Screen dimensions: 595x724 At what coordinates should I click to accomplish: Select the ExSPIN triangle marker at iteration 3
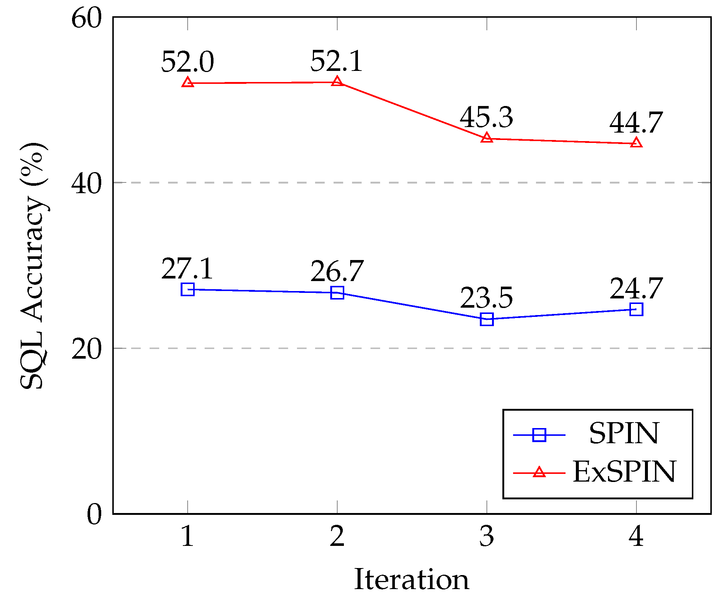(487, 138)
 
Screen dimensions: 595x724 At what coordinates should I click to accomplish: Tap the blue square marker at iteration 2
(337, 293)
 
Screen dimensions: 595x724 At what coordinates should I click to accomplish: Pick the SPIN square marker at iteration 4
(636, 309)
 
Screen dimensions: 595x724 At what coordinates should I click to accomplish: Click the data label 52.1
(337, 61)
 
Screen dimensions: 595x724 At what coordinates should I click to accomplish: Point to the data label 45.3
(486, 117)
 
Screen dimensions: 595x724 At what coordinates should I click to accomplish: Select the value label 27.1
(187, 269)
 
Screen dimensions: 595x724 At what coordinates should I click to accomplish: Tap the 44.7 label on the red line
(636, 123)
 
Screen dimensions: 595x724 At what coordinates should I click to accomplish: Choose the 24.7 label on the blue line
(636, 288)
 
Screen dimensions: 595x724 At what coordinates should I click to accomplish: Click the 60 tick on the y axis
(86, 18)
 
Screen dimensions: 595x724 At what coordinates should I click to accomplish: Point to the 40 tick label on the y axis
(86, 184)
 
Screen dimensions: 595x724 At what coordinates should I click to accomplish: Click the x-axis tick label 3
(487, 537)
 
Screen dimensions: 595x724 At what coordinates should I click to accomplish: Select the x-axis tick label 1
(188, 537)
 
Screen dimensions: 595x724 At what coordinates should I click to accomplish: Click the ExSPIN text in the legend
(624, 472)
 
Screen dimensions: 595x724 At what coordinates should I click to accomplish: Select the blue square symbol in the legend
(539, 435)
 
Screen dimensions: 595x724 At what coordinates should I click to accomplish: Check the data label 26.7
(337, 271)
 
